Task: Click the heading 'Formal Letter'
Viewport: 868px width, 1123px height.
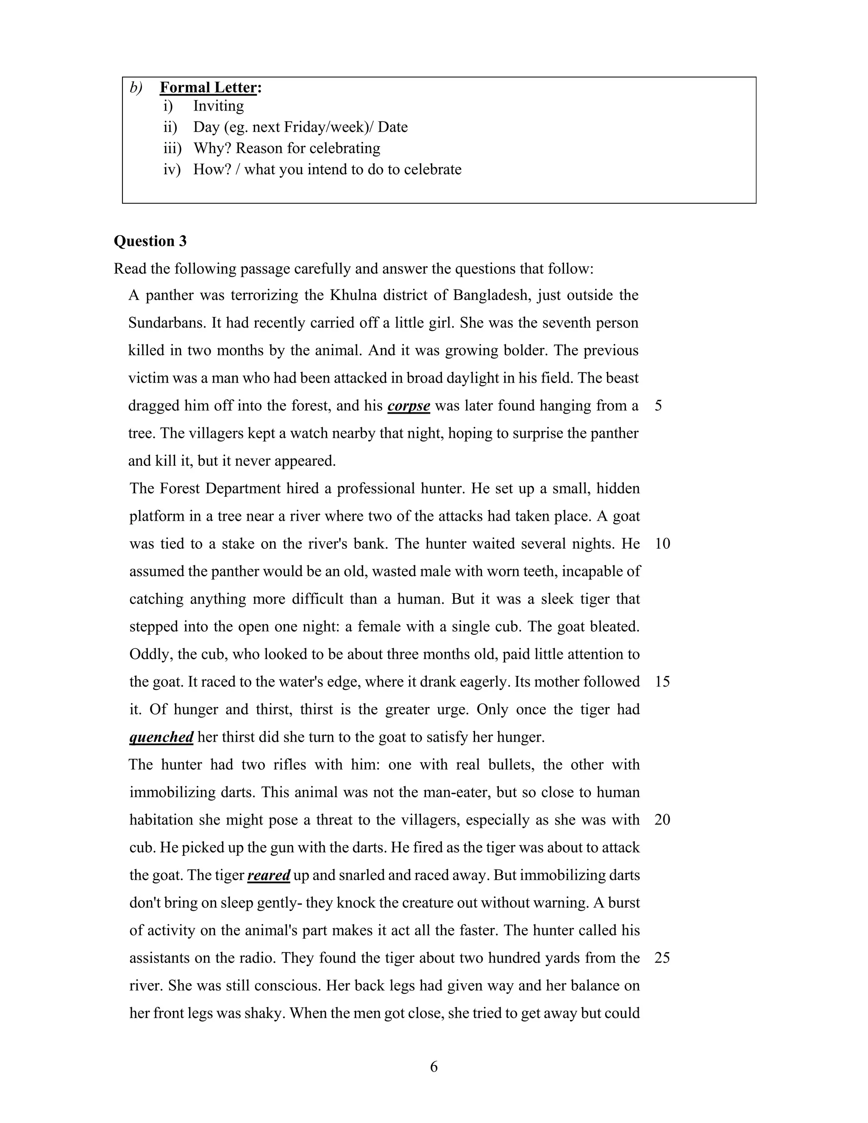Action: point(208,87)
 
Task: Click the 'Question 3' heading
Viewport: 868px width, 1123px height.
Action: point(150,241)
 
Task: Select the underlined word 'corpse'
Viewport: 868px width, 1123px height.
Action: point(409,406)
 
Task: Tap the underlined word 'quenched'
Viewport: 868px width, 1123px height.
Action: point(161,737)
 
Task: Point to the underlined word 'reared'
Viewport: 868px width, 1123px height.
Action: point(269,875)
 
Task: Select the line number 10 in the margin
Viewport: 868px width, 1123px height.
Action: point(662,544)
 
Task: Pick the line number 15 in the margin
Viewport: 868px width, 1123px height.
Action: point(662,682)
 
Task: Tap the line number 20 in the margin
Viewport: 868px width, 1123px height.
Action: point(662,820)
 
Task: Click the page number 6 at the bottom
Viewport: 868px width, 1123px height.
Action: point(434,1067)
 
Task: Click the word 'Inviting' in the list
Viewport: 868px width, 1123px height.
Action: point(219,106)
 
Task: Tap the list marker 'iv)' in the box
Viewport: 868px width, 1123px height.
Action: point(172,170)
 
